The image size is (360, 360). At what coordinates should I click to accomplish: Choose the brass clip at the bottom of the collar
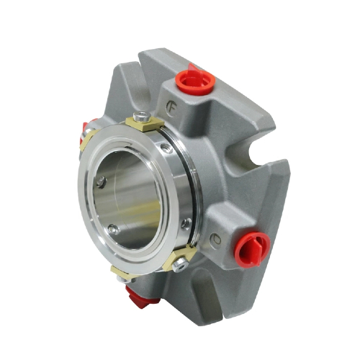[122, 271]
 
